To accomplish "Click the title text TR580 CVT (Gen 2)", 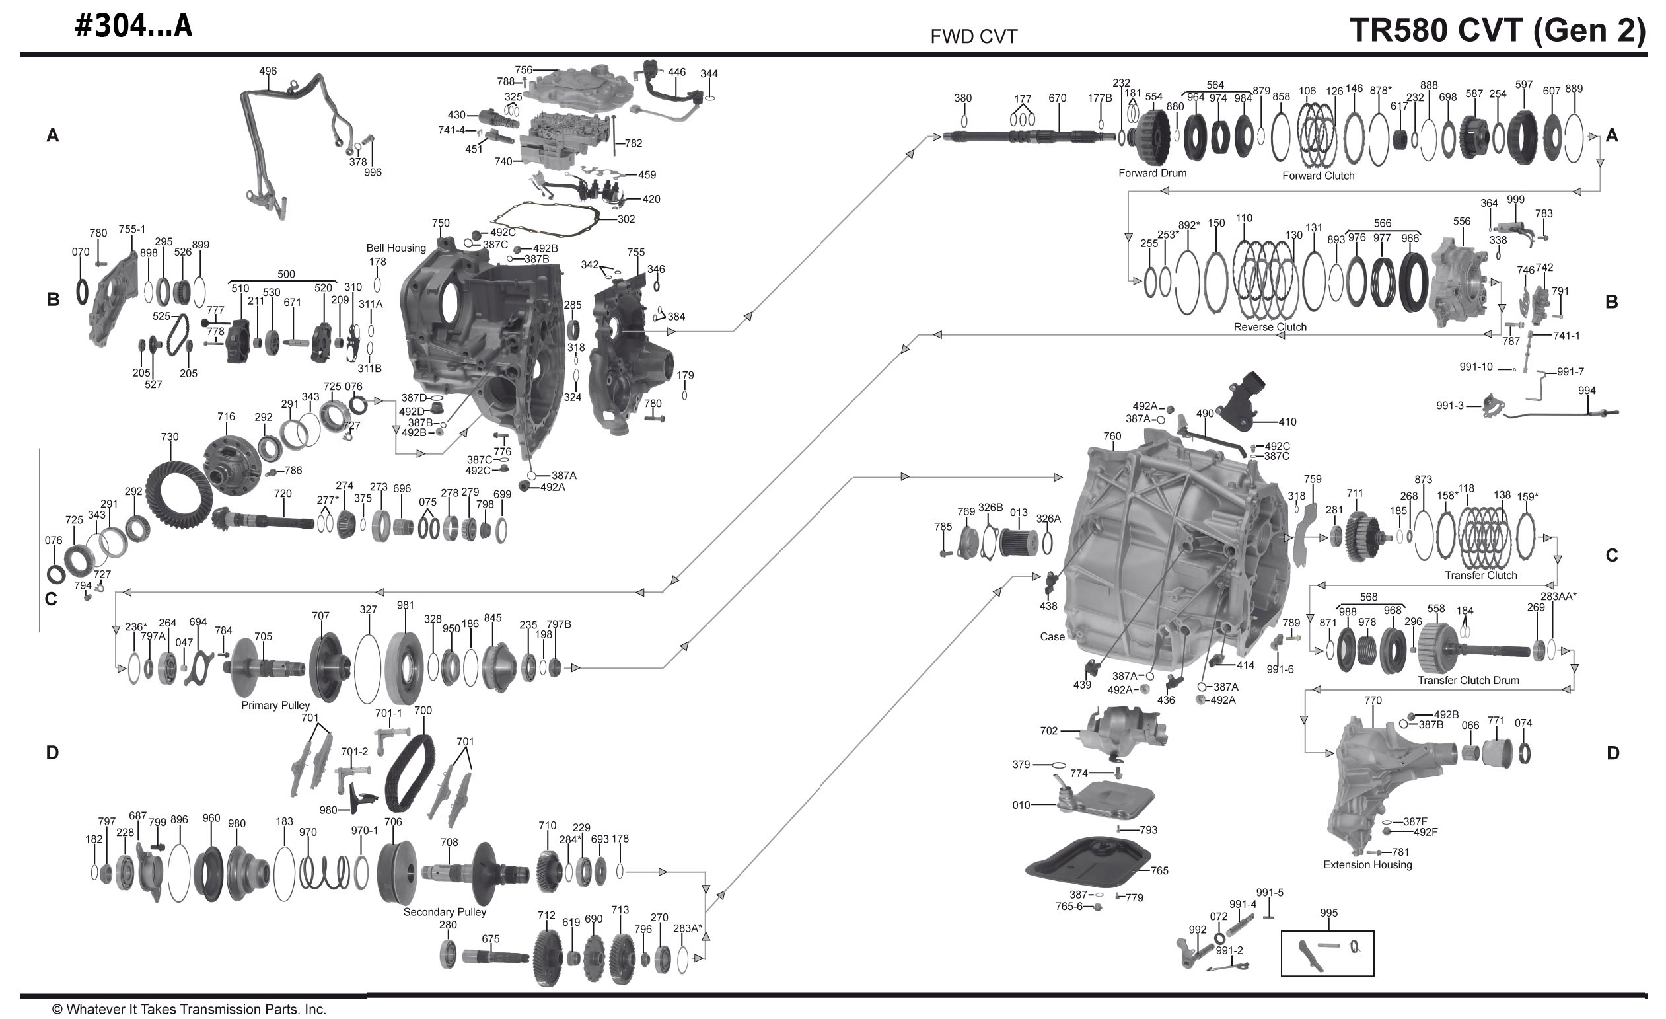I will tap(1497, 30).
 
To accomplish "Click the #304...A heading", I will tap(134, 26).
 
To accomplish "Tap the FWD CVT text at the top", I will tap(974, 36).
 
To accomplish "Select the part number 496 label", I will tap(268, 71).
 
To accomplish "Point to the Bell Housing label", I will tap(396, 248).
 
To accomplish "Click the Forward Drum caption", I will tap(1152, 173).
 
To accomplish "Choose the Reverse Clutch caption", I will tap(1270, 327).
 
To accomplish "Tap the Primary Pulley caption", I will tap(275, 705).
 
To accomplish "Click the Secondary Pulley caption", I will tap(445, 912).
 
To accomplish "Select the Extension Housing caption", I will tap(1367, 865).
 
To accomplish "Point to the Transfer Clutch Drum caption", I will tap(1468, 680).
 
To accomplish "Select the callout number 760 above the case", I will tap(1112, 436).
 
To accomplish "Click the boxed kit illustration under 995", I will tap(1326, 953).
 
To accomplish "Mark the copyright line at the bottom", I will tap(190, 1010).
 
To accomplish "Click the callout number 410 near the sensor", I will tap(1287, 422).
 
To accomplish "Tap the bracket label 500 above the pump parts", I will tap(286, 274).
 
